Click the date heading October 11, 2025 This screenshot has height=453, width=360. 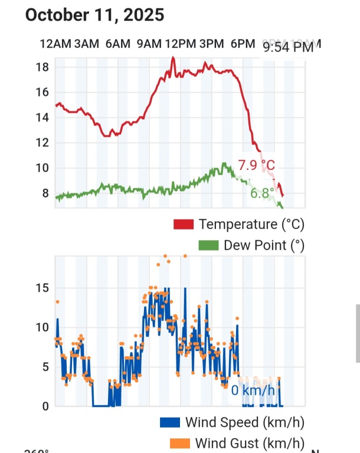click(94, 15)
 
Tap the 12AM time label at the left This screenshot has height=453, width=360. click(55, 44)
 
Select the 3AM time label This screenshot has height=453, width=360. click(87, 44)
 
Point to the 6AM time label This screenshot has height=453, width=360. click(118, 44)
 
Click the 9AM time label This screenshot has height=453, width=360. click(149, 44)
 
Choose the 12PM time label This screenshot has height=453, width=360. click(181, 44)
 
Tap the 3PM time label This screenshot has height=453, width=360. click(212, 44)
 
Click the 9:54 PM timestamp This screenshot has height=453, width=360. click(289, 48)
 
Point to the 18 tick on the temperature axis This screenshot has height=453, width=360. click(41, 67)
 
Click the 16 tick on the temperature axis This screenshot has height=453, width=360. click(41, 93)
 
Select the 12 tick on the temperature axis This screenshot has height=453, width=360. click(41, 143)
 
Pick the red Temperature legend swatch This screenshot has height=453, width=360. click(184, 225)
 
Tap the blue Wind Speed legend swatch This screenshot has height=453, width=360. click(169, 422)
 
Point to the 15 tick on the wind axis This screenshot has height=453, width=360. click(42, 288)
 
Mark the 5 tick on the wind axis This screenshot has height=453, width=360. click(45, 367)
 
